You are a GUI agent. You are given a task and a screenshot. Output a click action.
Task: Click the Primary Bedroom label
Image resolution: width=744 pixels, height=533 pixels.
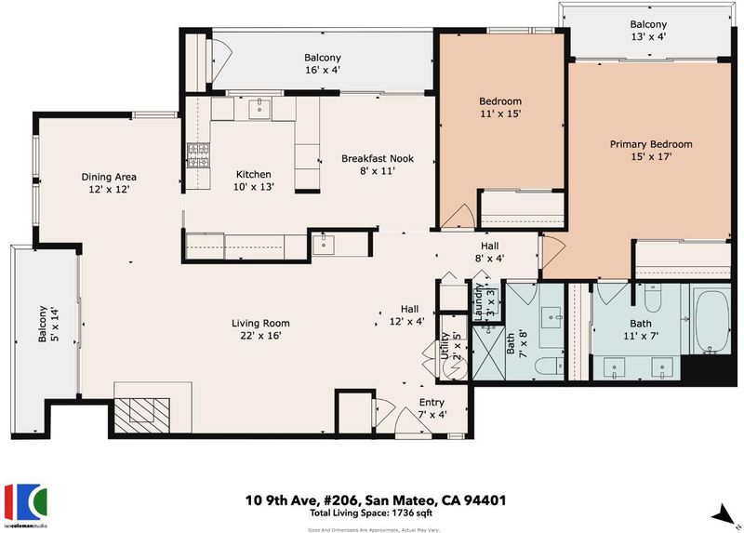(650, 144)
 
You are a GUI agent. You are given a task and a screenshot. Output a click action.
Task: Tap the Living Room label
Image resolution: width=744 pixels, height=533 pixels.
(260, 324)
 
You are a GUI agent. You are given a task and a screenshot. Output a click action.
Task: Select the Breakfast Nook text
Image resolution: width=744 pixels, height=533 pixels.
(378, 158)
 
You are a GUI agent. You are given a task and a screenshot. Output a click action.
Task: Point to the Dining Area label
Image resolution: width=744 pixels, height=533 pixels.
(109, 177)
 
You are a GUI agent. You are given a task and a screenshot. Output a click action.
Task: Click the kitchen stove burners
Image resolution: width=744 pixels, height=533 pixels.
(198, 155)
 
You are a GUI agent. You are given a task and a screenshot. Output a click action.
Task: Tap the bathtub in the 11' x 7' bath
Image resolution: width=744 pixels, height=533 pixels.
(711, 321)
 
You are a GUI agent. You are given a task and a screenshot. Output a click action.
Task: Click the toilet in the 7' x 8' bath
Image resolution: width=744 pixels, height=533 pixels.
(549, 366)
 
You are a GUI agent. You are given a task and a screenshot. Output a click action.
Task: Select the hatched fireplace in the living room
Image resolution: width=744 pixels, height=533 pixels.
(142, 415)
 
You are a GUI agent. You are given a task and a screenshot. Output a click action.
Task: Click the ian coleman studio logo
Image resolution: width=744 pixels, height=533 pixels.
(26, 505)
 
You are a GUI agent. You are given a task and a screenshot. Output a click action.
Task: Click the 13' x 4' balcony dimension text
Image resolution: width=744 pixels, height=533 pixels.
(648, 36)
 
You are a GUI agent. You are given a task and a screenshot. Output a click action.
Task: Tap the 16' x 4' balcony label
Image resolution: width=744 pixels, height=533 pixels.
(323, 63)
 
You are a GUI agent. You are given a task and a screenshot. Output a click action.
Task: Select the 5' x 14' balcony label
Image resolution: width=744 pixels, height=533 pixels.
(49, 324)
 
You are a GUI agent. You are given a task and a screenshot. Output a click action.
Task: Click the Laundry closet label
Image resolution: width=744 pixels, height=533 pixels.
(485, 301)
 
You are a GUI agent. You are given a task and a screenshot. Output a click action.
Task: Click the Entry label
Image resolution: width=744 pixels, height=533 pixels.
(432, 403)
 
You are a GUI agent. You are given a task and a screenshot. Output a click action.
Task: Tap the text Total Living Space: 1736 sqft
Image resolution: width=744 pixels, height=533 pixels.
(371, 513)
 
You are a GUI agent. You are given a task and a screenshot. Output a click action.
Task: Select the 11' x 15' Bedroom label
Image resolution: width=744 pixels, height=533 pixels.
(500, 107)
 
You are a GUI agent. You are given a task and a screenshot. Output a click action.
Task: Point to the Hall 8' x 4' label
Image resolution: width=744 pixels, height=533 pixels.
(490, 252)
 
